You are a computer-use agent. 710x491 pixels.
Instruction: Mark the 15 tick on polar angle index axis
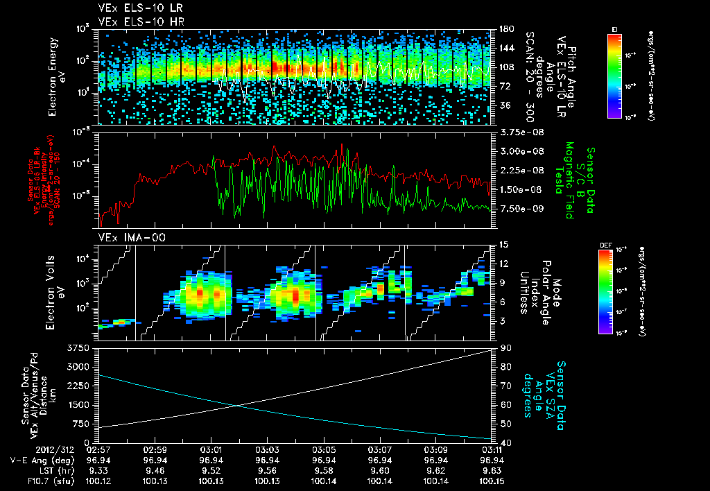[501, 245]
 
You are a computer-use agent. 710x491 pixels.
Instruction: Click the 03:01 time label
[211, 450]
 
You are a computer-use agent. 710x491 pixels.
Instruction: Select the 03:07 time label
[379, 450]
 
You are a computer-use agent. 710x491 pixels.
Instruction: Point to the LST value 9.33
[98, 469]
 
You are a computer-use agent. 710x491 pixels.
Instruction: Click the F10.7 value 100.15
[492, 479]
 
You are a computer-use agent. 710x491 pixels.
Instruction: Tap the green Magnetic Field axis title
[569, 180]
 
